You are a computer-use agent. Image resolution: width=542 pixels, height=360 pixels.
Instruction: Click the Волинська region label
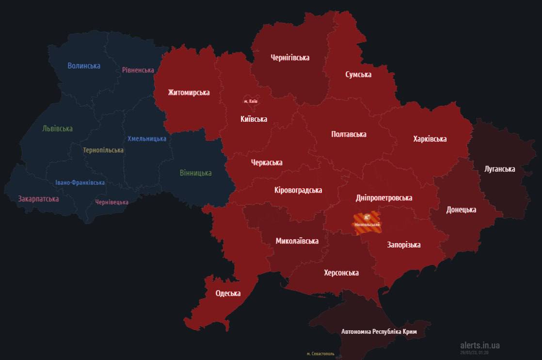pyautogui.click(x=84, y=65)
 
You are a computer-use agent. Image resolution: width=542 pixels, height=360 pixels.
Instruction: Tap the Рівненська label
pyautogui.click(x=138, y=70)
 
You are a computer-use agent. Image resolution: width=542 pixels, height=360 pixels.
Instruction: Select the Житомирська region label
pyautogui.click(x=189, y=92)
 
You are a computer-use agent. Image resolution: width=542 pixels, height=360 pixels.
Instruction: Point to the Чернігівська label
pyautogui.click(x=290, y=58)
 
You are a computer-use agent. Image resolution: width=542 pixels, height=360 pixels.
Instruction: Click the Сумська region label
pyautogui.click(x=358, y=74)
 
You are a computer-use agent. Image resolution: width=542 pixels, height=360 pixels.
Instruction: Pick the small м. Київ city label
pyautogui.click(x=251, y=101)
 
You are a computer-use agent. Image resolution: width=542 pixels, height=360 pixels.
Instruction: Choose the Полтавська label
pyautogui.click(x=349, y=134)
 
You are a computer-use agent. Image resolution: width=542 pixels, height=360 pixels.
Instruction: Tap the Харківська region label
pyautogui.click(x=430, y=139)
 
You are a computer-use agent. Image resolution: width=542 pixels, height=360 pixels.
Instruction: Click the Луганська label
pyautogui.click(x=499, y=169)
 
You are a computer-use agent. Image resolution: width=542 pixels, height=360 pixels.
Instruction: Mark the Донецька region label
pyautogui.click(x=461, y=210)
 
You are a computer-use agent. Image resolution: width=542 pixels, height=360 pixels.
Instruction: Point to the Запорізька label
pyautogui.click(x=403, y=245)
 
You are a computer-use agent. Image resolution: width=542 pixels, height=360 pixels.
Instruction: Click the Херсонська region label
pyautogui.click(x=341, y=273)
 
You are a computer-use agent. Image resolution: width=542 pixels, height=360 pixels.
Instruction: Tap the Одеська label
pyautogui.click(x=228, y=293)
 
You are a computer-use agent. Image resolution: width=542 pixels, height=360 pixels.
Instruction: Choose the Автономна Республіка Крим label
pyautogui.click(x=379, y=332)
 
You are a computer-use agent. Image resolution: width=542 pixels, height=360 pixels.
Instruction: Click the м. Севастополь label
pyautogui.click(x=320, y=354)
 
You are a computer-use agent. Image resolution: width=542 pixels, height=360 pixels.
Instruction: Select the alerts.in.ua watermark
pyautogui.click(x=479, y=345)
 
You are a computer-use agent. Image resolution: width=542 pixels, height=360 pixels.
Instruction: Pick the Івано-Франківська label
pyautogui.click(x=80, y=183)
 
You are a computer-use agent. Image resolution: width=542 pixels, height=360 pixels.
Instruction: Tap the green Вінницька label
pyautogui.click(x=195, y=173)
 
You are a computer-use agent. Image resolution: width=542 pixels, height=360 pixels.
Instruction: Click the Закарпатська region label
pyautogui.click(x=38, y=198)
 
